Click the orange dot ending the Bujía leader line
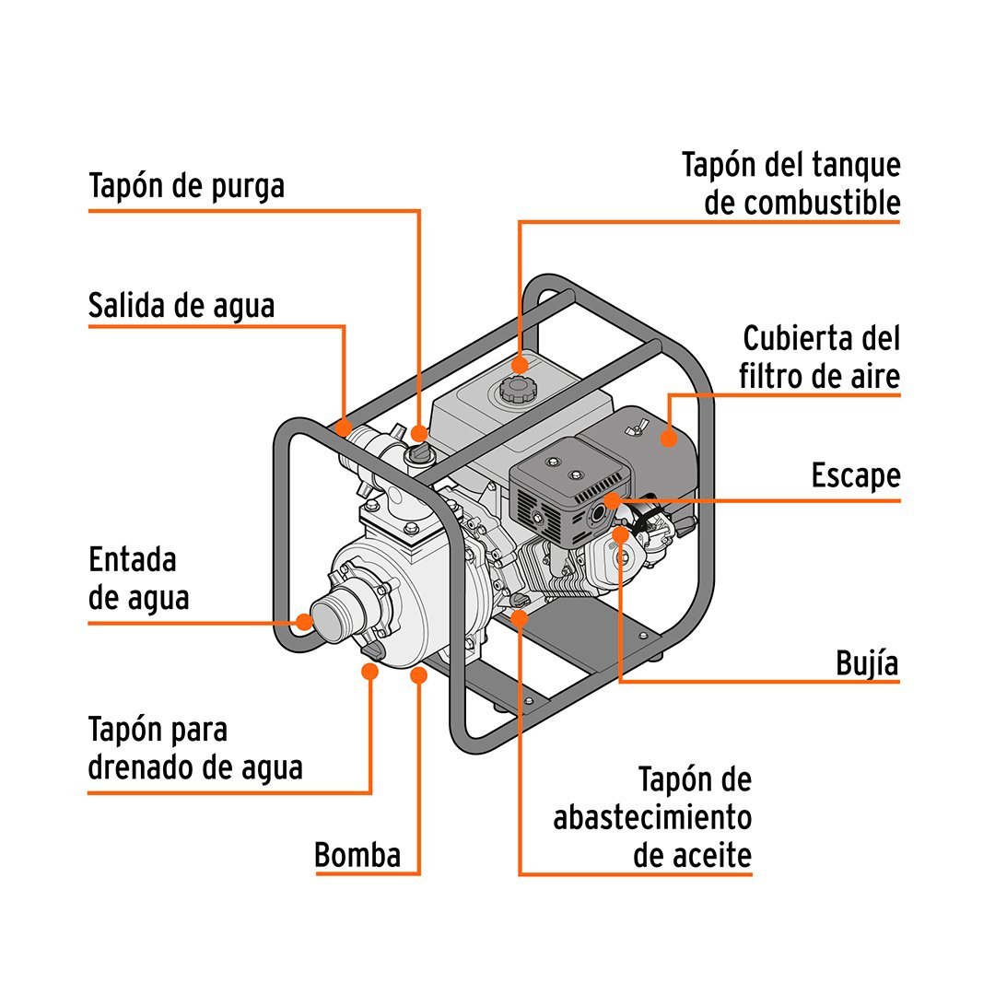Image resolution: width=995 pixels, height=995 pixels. [x=621, y=535]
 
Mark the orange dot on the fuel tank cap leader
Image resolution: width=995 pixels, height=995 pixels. [x=520, y=365]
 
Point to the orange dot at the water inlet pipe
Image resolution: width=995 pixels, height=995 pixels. [x=305, y=622]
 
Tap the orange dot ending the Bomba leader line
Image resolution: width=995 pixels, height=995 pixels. [x=418, y=675]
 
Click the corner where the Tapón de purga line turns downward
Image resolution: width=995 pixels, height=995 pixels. [x=419, y=211]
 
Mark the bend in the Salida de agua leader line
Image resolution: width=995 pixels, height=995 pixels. [x=344, y=327]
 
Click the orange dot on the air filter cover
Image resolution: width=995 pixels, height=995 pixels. [x=668, y=438]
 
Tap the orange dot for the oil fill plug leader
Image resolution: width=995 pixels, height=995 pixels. [x=520, y=618]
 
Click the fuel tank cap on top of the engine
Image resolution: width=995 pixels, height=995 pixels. [x=514, y=389]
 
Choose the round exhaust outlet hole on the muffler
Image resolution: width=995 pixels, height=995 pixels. [x=598, y=513]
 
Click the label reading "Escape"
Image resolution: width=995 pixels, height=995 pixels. [x=856, y=476]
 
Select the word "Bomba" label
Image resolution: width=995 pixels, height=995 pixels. [x=357, y=855]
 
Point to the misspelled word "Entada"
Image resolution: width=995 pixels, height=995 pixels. [x=132, y=560]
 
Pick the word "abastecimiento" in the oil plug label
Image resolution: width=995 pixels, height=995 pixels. [x=652, y=817]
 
